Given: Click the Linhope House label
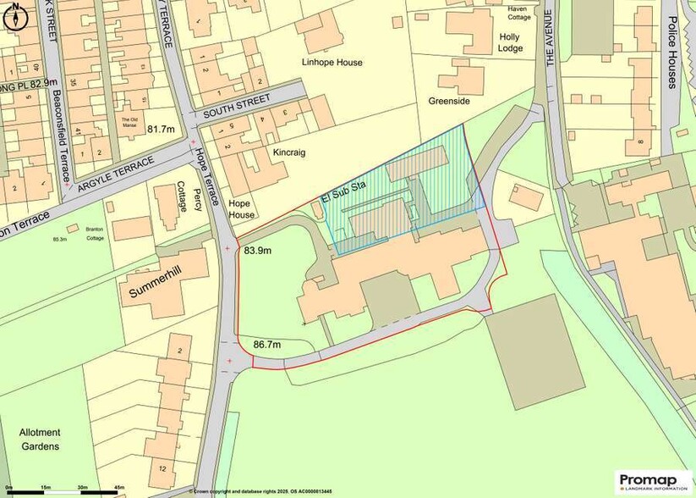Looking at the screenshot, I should [332, 62].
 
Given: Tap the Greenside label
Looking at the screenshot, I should [448, 101].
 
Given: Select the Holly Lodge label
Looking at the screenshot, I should [510, 42].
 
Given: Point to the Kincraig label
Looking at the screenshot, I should [288, 152].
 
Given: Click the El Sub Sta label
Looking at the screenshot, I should [342, 197].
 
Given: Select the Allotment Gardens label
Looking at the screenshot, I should [40, 439].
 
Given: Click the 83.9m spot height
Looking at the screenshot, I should [258, 251].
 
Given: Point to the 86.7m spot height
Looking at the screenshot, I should [267, 345].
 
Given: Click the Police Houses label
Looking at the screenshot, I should [671, 53].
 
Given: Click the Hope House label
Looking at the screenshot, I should [241, 209].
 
